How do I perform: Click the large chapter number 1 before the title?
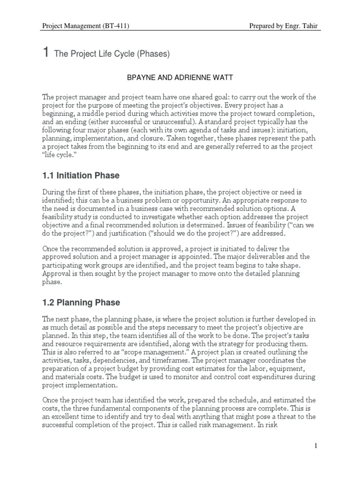coord(46,53)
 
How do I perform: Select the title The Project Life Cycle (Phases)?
coord(112,54)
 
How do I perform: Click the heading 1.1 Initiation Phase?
coord(81,176)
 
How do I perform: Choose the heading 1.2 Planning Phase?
coord(81,302)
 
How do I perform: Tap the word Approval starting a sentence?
coord(56,273)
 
